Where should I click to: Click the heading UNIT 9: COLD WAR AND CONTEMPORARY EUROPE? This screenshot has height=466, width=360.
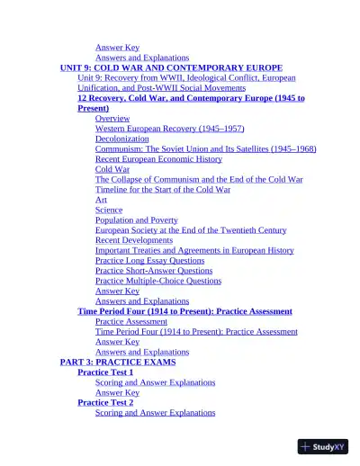[x=171, y=67]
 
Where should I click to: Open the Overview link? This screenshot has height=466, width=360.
[x=112, y=119]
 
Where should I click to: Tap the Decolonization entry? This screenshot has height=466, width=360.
[x=122, y=139]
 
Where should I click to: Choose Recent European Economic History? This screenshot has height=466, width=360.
[x=158, y=159]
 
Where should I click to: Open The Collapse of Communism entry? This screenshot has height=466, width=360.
[x=199, y=179]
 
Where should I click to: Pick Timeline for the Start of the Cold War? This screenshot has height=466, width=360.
[x=163, y=190]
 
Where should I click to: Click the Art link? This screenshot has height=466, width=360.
[x=101, y=200]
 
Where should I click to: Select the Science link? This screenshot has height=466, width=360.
[x=109, y=210]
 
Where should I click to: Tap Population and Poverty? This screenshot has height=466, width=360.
[x=137, y=220]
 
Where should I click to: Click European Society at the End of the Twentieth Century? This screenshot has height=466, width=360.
[x=191, y=230]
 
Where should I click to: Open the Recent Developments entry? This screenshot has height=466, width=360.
[x=134, y=240]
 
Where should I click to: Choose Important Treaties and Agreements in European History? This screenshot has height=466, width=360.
[x=194, y=250]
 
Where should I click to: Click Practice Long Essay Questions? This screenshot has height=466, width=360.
[x=150, y=261]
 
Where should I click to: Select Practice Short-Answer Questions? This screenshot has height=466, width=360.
[x=154, y=271]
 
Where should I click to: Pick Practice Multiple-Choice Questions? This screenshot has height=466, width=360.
[x=158, y=281]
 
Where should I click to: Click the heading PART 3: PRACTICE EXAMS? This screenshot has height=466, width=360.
[x=118, y=362]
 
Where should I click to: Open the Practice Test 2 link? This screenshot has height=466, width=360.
[x=105, y=402]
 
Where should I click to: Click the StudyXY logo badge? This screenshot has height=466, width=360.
[x=323, y=446]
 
